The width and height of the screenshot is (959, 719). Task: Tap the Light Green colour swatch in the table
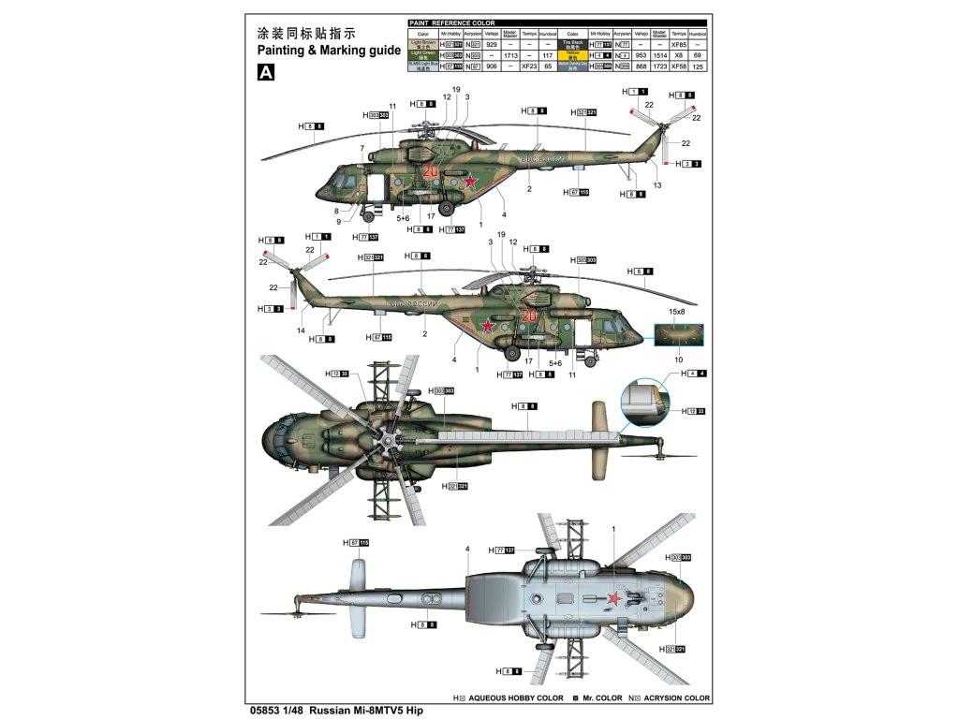point(423,55)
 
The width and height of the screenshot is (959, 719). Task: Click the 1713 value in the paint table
point(510,55)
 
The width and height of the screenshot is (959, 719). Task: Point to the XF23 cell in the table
point(529,66)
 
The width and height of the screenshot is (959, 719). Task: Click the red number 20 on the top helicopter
point(431,171)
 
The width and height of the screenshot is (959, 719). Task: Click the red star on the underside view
point(614,599)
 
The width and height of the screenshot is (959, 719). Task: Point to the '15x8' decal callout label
point(676,311)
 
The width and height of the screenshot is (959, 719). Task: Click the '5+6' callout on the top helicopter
point(403,218)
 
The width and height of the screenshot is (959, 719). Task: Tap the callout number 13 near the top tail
point(657,185)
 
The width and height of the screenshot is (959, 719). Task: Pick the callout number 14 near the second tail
point(302,330)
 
